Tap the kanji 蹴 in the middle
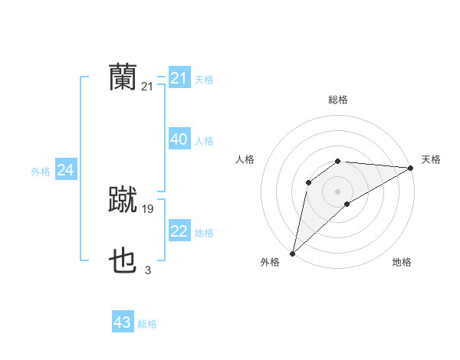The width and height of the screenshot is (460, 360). coord(123,201)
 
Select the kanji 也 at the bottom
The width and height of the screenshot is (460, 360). coord(123,263)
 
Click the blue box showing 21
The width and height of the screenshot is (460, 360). coord(179,78)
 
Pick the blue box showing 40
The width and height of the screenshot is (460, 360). coord(179,139)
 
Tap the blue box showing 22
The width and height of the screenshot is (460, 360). coord(179,231)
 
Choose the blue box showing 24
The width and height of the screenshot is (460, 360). coord(65,170)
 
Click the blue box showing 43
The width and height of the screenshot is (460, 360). coord(122,322)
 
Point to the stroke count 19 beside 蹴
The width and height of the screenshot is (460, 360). coord(148,208)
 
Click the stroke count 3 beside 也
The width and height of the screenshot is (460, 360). coord(148,270)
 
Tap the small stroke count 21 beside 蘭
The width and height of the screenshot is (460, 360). coord(148,87)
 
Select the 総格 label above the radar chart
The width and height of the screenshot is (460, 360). coord(337,100)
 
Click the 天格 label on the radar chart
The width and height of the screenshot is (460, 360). coord(431,159)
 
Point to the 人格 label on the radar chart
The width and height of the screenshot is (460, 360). coord(245,159)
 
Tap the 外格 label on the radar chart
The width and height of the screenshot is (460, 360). coord(270,263)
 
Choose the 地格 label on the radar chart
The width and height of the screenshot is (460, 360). coord(402,263)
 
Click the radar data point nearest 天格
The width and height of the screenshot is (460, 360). coord(411,168)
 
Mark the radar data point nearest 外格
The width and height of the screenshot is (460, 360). coord(292,253)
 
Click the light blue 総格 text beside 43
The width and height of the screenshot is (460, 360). coord(147,324)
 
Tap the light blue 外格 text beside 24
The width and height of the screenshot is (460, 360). coord(41,172)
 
